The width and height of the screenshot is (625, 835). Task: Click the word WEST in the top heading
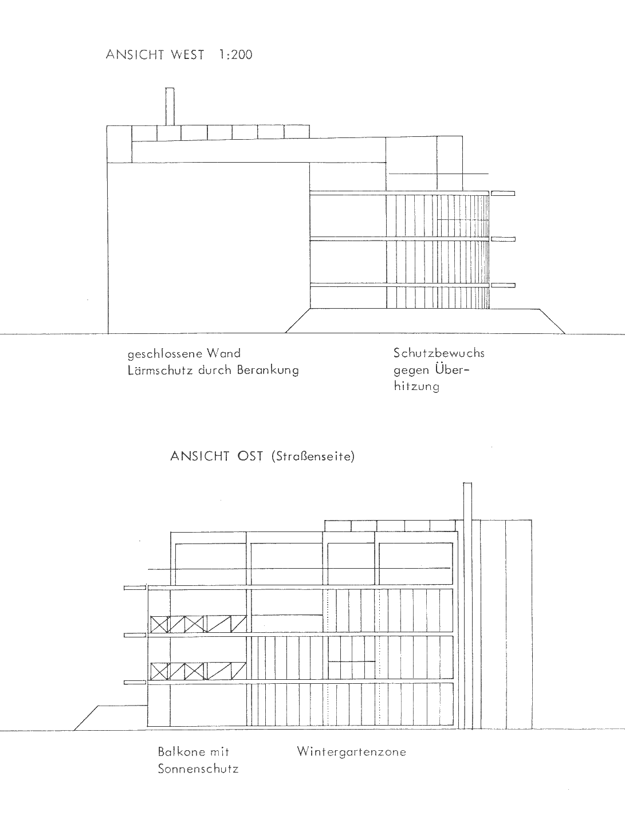187,55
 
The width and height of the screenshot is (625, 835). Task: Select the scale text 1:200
235,55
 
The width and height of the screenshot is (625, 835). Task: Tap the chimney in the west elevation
170,107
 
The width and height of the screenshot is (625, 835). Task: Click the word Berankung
268,371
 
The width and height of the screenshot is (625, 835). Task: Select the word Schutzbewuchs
439,353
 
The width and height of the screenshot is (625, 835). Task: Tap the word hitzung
416,387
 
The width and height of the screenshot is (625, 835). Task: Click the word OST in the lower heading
250,456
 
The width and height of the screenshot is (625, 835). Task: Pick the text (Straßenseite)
313,456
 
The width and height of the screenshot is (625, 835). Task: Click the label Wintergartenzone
352,752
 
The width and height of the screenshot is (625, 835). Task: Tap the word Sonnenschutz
198,769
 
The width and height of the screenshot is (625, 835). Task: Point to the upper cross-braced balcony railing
198,624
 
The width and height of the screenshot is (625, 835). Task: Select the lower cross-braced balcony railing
198,671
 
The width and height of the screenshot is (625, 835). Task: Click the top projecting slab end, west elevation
503,193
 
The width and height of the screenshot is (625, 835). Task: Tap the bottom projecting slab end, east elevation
135,683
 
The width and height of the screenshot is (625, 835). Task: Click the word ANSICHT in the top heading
135,55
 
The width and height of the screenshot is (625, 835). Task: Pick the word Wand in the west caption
223,353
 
